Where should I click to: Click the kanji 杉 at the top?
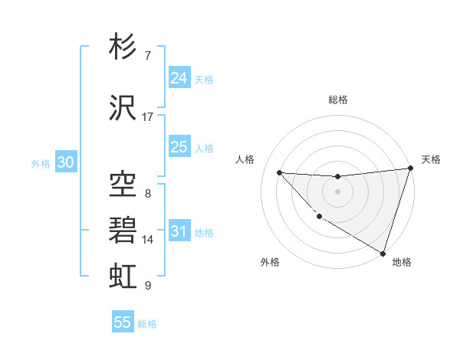coord(123,47)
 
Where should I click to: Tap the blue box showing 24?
coord(179,78)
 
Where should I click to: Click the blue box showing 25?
coord(179,148)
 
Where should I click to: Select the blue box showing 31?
coord(179,232)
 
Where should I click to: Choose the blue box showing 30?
coord(65,163)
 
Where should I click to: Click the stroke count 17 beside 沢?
coord(148,116)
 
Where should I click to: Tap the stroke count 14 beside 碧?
coord(148,240)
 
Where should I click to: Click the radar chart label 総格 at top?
coord(338,100)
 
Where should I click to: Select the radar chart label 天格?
coord(431,159)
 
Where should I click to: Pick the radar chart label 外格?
coord(270,262)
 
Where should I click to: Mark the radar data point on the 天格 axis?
coord(411,169)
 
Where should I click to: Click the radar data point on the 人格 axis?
coord(280,173)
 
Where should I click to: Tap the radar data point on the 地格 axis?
coord(383,252)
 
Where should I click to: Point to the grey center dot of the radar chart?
coord(337,191)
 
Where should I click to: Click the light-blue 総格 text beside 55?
coord(147,324)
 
